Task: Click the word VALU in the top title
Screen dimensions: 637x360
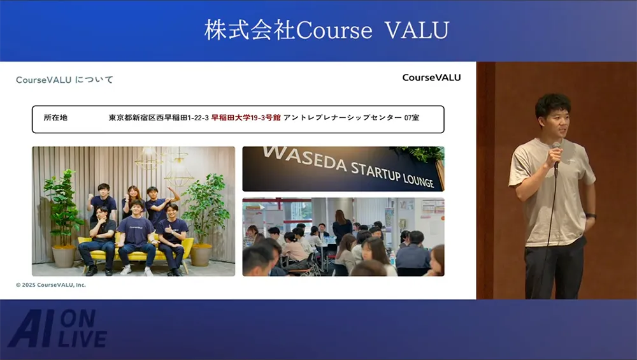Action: coord(417,30)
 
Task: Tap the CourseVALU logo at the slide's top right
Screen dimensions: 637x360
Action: coord(431,78)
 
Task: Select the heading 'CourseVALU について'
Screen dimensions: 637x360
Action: coord(64,80)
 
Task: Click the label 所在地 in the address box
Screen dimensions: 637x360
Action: coord(55,117)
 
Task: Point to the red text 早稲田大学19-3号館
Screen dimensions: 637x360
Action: coord(246,117)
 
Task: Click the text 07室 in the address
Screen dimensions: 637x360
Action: coord(412,117)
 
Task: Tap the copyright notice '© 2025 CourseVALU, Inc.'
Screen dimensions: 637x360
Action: coord(51,285)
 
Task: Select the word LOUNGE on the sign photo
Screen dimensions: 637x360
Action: coord(419,180)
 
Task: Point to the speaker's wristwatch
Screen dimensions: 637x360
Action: coord(590,216)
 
